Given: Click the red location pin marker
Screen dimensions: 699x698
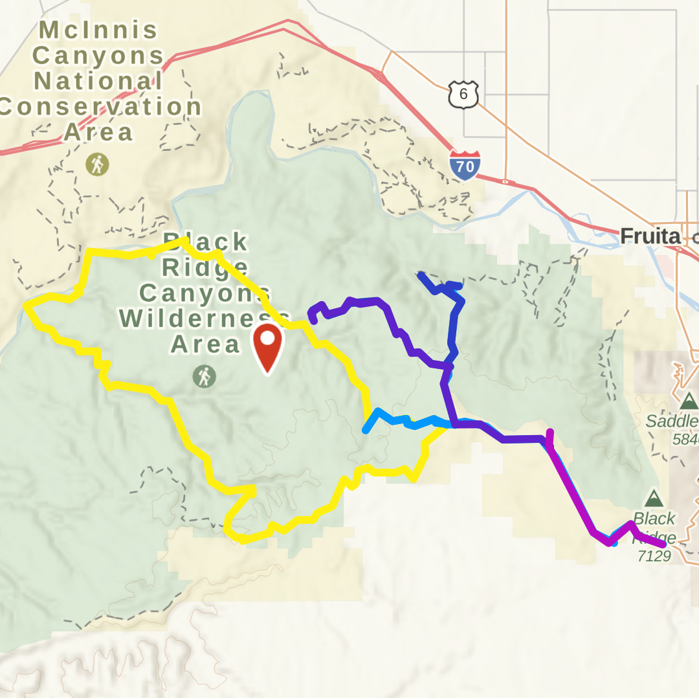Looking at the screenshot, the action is click(267, 345).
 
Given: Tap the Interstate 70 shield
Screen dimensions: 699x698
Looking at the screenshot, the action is click(465, 164).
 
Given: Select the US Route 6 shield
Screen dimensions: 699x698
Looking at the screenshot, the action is click(463, 95).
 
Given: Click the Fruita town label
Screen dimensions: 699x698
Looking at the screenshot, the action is click(650, 237).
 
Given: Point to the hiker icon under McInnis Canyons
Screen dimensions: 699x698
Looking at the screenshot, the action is click(97, 164).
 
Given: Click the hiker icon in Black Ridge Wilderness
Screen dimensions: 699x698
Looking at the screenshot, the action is click(205, 376).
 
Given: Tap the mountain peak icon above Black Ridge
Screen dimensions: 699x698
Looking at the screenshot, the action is click(654, 499).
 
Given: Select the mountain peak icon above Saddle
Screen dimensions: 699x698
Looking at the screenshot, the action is click(689, 401).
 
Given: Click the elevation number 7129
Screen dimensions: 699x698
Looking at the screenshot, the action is click(654, 556).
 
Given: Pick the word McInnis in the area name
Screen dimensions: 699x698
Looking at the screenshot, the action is click(98, 30).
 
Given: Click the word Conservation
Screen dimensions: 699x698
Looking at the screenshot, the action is click(100, 107).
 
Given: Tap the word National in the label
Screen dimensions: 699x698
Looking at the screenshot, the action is click(98, 82).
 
